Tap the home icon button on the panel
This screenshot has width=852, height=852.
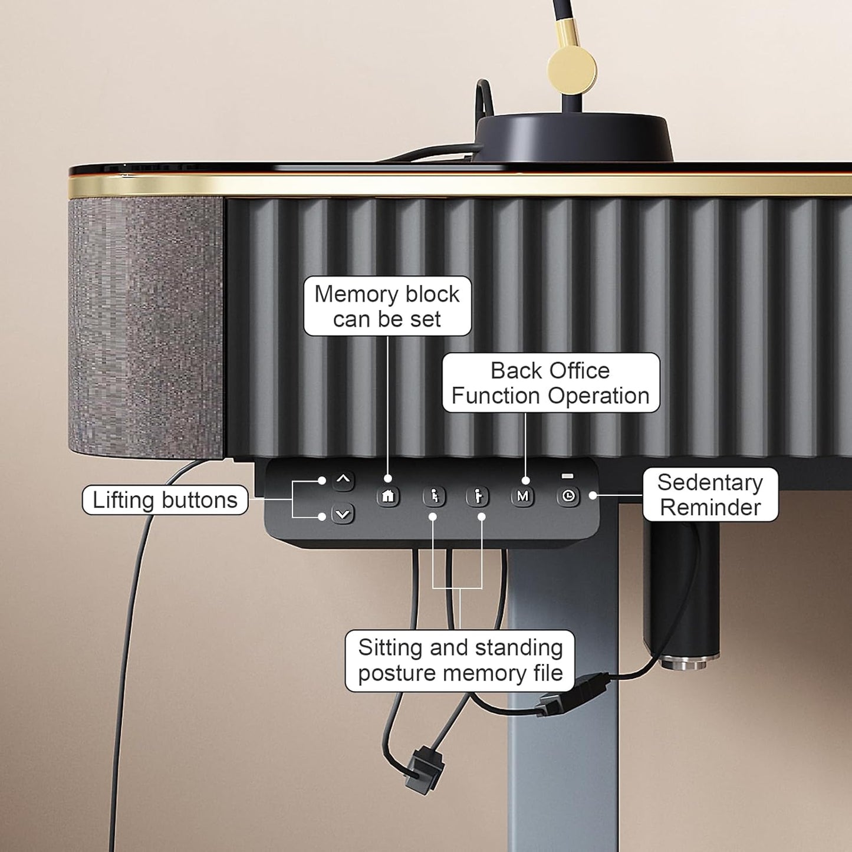(x=388, y=496)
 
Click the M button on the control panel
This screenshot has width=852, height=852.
(x=522, y=496)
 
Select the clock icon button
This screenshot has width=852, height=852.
(x=568, y=496)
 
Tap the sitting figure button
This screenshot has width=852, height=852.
(x=434, y=496)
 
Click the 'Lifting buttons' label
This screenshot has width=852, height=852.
(x=165, y=500)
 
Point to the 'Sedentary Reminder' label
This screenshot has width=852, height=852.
(x=710, y=495)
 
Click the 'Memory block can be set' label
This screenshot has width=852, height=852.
(x=387, y=307)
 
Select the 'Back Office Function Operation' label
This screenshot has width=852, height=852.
(x=551, y=383)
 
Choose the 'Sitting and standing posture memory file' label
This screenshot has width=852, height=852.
(x=460, y=660)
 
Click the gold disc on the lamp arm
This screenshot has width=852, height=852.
(x=572, y=70)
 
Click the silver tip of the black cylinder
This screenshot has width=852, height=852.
(x=689, y=663)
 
